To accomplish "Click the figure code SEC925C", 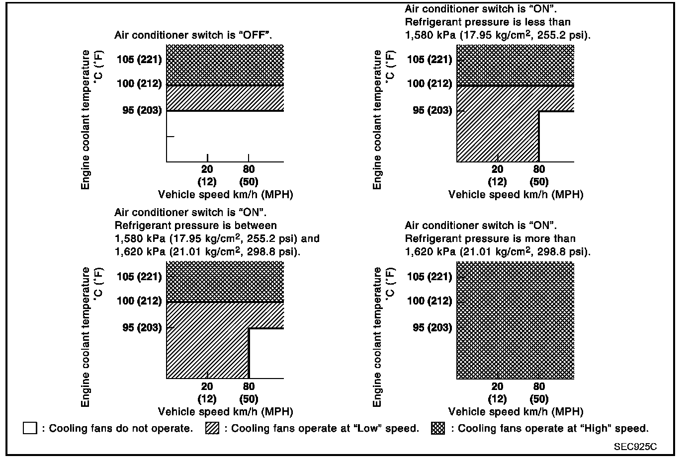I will point(635,446).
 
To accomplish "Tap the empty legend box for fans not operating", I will point(30,428).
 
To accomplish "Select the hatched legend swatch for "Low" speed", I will point(212,428).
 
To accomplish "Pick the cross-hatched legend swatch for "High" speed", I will point(438,428).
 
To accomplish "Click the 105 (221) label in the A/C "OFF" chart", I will point(139,60).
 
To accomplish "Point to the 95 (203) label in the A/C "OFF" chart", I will point(142,110).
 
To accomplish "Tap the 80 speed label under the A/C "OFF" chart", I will point(249,169).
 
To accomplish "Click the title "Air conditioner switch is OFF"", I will point(193,35).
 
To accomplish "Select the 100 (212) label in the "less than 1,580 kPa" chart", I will point(430,83).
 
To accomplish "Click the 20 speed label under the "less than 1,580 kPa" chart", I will point(497,169).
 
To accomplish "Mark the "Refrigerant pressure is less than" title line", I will point(488,22).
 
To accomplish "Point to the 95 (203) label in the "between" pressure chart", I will point(142,327).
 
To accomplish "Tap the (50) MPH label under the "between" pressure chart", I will point(249,399).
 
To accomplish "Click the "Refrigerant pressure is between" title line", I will point(195,226).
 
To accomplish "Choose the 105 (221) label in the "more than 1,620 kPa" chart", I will point(430,277).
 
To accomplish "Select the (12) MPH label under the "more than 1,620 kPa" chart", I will point(497,399).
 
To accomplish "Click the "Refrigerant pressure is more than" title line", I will point(490,238).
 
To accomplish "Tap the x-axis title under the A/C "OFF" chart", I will point(225,194).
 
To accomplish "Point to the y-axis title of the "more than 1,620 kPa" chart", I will point(378,337).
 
